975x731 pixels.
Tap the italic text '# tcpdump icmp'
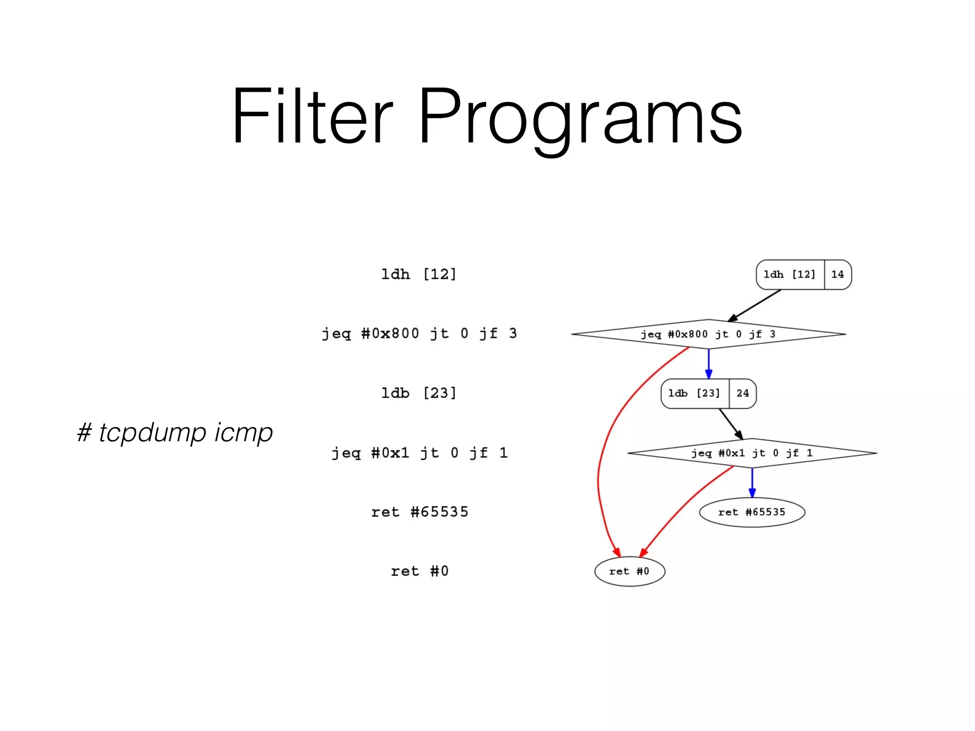click(175, 432)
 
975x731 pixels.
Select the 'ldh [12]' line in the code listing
click(418, 274)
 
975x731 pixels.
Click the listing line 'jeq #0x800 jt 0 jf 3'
click(419, 333)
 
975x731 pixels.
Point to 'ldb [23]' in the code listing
click(418, 393)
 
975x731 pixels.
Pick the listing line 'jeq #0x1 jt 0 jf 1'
click(419, 453)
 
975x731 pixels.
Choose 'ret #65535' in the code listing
click(419, 512)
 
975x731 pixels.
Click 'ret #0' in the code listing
click(419, 571)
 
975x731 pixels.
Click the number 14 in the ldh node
click(837, 275)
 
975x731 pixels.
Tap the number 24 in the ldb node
click(743, 394)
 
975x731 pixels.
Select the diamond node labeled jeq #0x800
click(708, 334)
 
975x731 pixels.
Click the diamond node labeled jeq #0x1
click(752, 453)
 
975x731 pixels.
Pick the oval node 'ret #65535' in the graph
click(752, 513)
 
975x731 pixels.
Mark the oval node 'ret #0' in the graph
click(629, 572)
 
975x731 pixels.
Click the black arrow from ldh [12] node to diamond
click(755, 306)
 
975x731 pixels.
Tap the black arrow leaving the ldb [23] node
click(731, 424)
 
